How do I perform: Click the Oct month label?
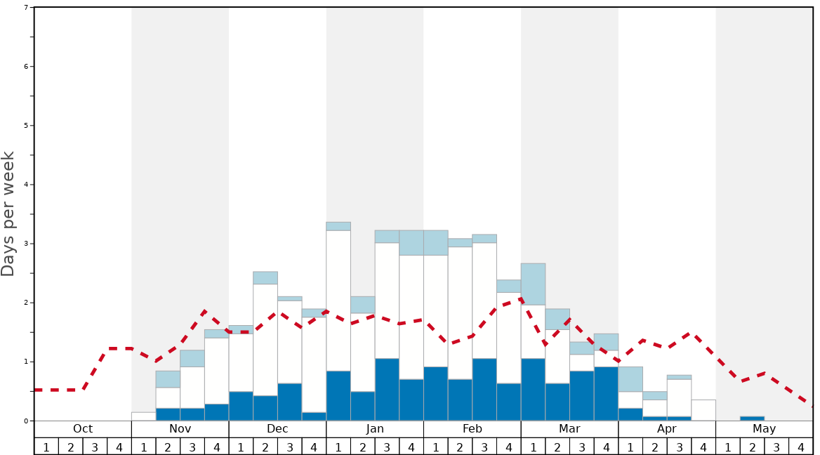(x=83, y=429)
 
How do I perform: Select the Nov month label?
(x=180, y=429)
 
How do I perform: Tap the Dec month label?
(x=277, y=429)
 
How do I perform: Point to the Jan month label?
(x=375, y=429)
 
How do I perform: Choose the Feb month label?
(x=472, y=429)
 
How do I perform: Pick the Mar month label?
(x=569, y=429)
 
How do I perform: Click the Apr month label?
(x=667, y=429)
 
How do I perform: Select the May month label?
(x=765, y=429)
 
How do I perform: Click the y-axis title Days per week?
(x=8, y=213)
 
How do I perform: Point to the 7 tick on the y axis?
(x=26, y=8)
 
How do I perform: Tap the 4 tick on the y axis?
(x=26, y=185)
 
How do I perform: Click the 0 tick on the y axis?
(x=26, y=421)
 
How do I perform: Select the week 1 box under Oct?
(x=46, y=447)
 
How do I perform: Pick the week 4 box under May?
(x=801, y=447)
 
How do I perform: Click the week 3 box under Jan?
(x=387, y=447)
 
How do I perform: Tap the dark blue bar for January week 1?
(x=338, y=396)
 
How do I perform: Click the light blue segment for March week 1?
(x=533, y=284)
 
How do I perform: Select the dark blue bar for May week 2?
(x=752, y=418)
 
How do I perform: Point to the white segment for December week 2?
(x=265, y=340)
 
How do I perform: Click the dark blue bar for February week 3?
(x=484, y=390)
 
